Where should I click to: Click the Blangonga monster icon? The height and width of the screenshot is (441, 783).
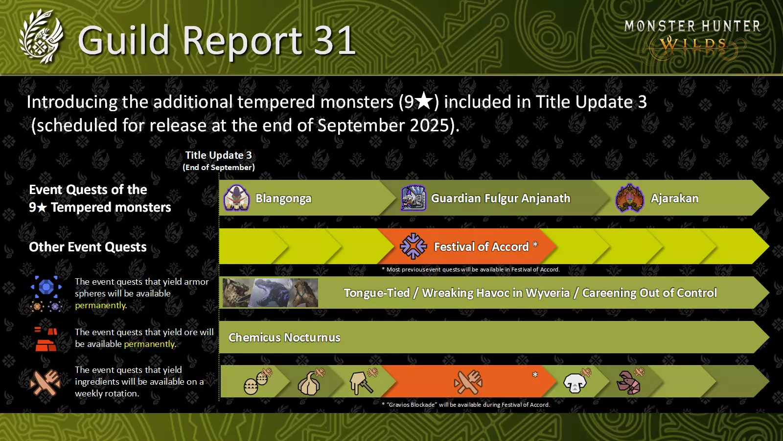[237, 198]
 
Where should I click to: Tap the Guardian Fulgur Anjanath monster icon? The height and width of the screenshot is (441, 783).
[414, 198]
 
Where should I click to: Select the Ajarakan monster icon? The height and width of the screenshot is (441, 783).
[629, 198]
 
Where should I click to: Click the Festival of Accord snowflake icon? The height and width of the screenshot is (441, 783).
[413, 246]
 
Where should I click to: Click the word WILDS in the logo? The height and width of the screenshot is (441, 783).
[693, 45]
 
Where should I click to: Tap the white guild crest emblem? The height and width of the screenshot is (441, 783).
[41, 36]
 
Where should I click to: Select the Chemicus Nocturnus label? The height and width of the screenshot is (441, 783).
[284, 338]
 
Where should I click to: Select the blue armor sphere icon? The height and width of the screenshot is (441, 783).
[46, 287]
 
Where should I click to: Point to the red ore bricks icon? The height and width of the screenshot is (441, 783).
[46, 339]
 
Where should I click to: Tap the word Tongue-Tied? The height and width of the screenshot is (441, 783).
[377, 293]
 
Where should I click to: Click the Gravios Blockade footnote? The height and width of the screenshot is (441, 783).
[466, 405]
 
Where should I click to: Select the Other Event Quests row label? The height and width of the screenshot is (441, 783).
[88, 247]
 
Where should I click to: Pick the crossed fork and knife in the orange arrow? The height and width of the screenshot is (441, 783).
[468, 382]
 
